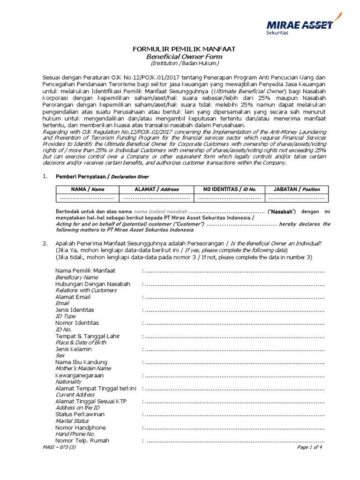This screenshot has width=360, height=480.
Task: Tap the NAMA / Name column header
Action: (x=88, y=189)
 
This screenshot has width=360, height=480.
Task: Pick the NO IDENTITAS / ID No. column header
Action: (x=229, y=189)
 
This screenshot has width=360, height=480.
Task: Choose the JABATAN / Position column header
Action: (x=297, y=189)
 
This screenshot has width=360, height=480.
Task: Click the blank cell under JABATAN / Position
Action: (x=297, y=198)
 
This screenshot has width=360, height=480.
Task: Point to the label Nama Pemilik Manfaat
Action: (x=85, y=271)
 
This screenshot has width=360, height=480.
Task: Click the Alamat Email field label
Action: (x=73, y=297)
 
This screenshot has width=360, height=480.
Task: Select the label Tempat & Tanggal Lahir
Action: (x=88, y=336)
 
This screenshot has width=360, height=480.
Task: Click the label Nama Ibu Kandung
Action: (x=81, y=362)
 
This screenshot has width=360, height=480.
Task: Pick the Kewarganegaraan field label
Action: (x=80, y=375)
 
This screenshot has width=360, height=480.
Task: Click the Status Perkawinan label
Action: (x=80, y=414)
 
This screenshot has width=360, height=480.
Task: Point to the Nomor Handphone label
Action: (x=81, y=427)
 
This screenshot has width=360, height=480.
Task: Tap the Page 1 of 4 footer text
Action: (x=310, y=447)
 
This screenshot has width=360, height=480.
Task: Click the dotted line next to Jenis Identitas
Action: (x=234, y=310)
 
